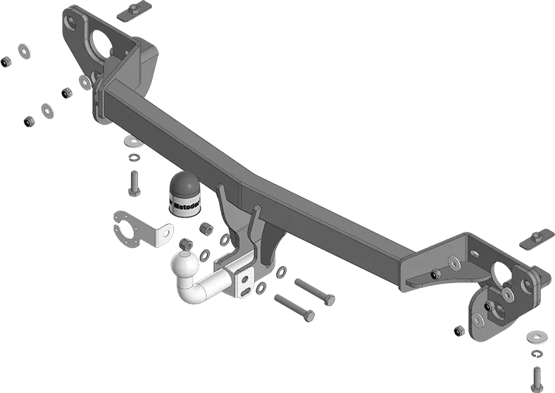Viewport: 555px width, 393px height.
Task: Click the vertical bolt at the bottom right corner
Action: point(537,375)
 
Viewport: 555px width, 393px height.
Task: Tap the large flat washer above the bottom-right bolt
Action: point(537,337)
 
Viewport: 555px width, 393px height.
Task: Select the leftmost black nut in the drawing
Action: point(4,63)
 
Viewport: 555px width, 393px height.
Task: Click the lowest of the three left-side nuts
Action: point(27,122)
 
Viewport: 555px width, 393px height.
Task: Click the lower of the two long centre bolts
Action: point(293,308)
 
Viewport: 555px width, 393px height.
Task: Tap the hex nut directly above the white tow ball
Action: point(186,244)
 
